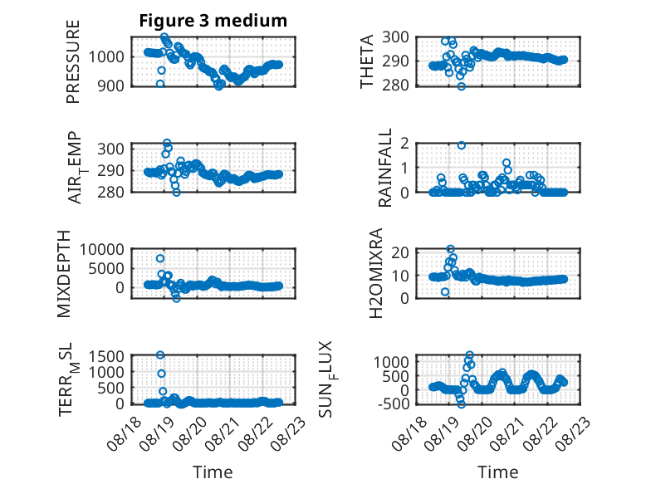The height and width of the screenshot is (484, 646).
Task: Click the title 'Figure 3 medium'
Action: pyautogui.click(x=213, y=21)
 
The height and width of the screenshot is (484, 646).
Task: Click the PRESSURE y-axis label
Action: pyautogui.click(x=72, y=61)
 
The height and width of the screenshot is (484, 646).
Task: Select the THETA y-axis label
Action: pyautogui.click(x=366, y=61)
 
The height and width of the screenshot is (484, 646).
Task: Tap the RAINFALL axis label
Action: pyautogui.click(x=384, y=168)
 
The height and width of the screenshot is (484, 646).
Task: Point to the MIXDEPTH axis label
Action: pyautogui.click(x=64, y=274)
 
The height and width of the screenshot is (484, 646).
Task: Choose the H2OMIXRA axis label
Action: pyautogui.click(x=376, y=273)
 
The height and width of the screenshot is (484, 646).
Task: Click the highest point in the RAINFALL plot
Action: pyautogui.click(x=462, y=145)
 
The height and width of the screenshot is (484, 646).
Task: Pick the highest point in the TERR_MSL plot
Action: pyautogui.click(x=160, y=354)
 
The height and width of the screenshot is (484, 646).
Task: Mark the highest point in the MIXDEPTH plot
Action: pyautogui.click(x=160, y=258)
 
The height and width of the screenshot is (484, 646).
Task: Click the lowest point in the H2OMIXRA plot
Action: pyautogui.click(x=445, y=292)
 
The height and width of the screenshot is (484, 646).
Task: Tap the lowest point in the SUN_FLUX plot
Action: pyautogui.click(x=462, y=404)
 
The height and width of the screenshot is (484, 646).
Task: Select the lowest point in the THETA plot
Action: pyautogui.click(x=462, y=86)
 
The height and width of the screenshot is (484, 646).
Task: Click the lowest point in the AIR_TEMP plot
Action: pyautogui.click(x=176, y=193)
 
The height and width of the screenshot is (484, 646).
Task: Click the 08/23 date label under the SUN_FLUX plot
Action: pyautogui.click(x=573, y=433)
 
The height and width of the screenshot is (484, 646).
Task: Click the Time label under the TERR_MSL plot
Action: pyautogui.click(x=213, y=472)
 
